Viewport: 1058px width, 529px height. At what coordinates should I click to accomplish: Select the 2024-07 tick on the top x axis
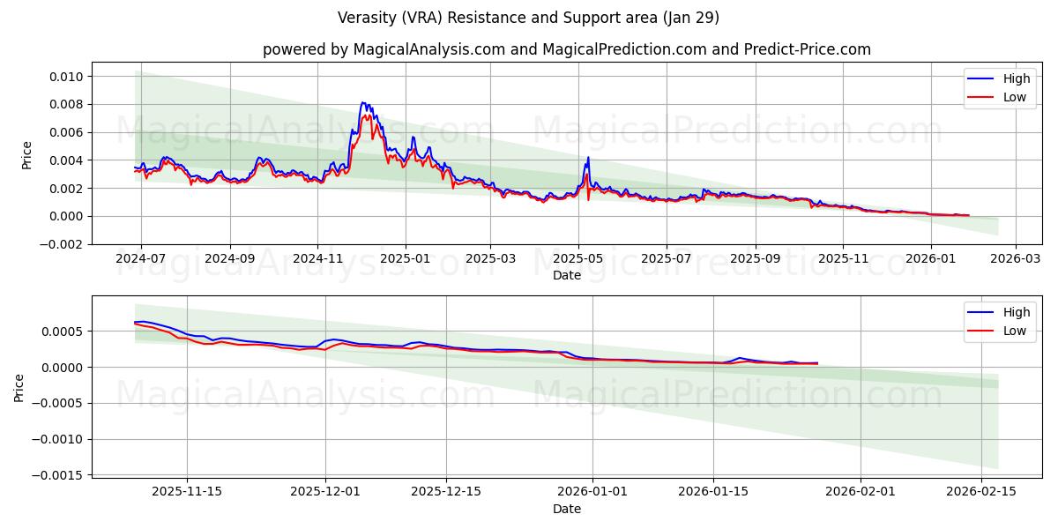[141, 259]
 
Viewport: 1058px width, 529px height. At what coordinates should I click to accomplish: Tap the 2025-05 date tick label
[578, 259]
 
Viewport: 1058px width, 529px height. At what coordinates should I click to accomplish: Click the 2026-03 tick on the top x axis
[1016, 259]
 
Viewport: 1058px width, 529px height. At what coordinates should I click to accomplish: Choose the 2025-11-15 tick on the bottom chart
[186, 492]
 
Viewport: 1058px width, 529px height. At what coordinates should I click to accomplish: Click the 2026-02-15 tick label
[981, 492]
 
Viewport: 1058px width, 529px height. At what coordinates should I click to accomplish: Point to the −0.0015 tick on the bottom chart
[57, 475]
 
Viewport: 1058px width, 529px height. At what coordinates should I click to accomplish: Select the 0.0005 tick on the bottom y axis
[61, 332]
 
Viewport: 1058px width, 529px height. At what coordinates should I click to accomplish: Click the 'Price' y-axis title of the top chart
[26, 155]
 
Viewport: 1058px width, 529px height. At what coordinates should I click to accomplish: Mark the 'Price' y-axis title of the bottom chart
[19, 387]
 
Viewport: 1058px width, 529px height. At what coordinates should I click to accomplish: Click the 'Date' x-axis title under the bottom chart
[566, 509]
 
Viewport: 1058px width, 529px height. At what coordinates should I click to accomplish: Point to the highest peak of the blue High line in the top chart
[362, 103]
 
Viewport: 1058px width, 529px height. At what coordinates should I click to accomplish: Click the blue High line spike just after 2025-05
[588, 158]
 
